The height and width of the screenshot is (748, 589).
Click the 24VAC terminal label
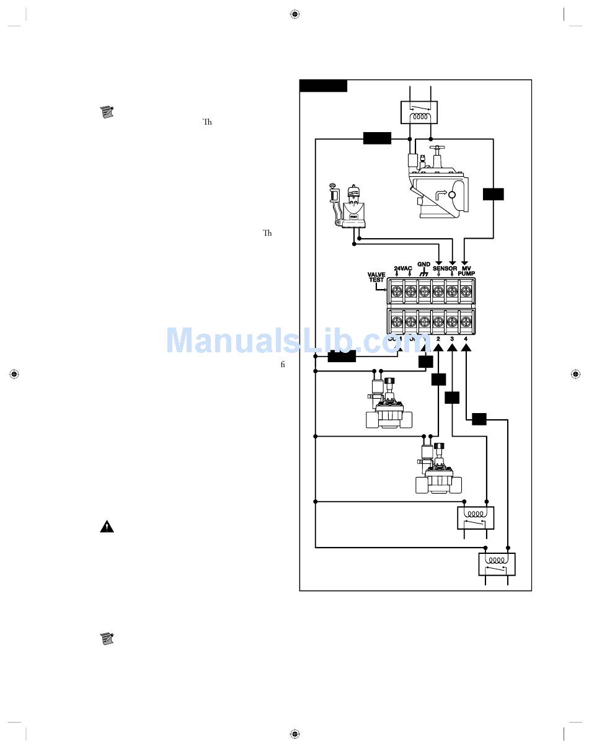tap(403, 269)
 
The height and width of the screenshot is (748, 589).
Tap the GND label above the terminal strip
tap(424, 265)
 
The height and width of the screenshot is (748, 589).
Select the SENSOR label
tap(445, 269)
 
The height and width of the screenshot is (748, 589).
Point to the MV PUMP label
tap(466, 270)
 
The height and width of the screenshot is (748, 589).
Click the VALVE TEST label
tap(376, 277)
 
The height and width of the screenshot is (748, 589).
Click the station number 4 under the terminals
tap(466, 339)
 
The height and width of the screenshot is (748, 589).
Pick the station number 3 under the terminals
tap(452, 339)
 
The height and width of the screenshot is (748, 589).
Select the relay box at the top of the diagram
tap(419, 113)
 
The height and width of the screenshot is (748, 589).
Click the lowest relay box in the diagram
tap(497, 564)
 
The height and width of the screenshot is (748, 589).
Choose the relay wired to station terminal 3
tap(476, 517)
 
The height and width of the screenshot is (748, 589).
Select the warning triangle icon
tap(107, 527)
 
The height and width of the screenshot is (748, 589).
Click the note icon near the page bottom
tap(107, 638)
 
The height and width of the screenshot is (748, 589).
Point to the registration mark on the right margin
tap(576, 374)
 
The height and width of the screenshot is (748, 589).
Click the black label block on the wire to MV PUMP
tap(494, 194)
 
